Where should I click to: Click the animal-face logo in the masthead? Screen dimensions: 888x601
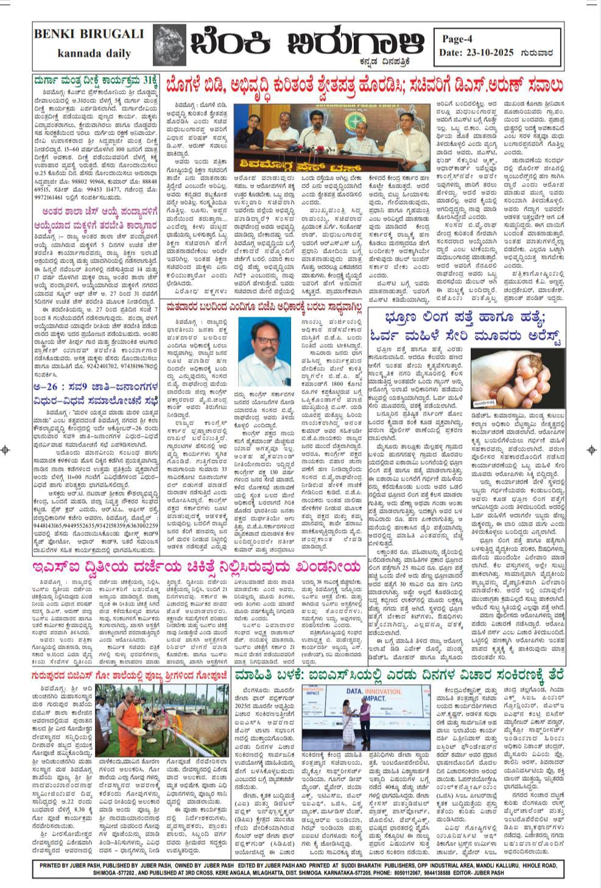pos(169,44)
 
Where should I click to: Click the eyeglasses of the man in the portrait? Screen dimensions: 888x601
pos(262,337)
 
